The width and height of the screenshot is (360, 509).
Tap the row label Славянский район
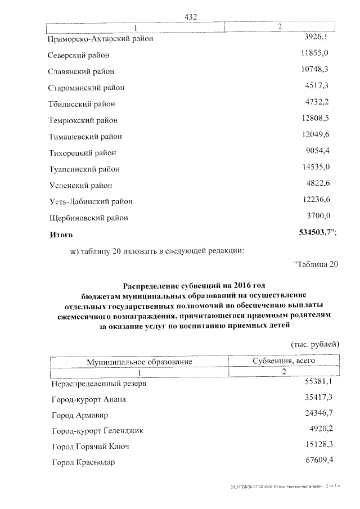(x=82, y=71)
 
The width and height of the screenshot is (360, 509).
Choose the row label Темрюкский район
(x=84, y=120)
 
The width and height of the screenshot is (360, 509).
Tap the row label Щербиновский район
(x=89, y=218)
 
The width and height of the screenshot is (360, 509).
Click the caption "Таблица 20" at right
(x=316, y=265)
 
